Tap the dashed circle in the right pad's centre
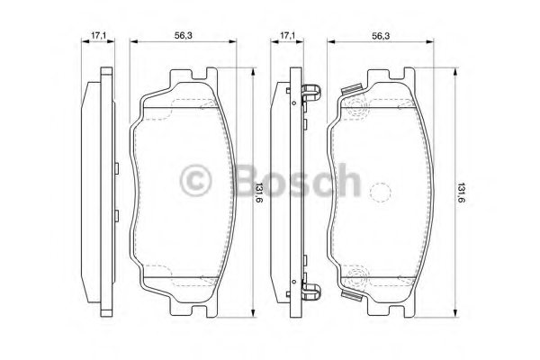coord(381,192)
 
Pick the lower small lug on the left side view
coord(117,213)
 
